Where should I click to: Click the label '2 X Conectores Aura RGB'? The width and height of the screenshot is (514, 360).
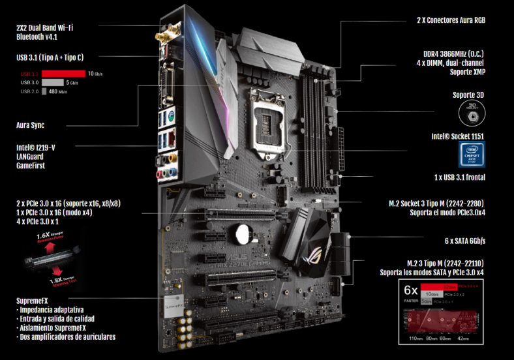click(451, 20)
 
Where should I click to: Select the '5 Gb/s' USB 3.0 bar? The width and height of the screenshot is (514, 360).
click(53, 83)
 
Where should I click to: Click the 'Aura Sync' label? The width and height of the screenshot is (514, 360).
click(30, 125)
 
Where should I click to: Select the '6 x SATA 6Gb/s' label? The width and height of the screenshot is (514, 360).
click(464, 240)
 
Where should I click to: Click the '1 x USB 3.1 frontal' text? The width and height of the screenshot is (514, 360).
click(459, 177)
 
